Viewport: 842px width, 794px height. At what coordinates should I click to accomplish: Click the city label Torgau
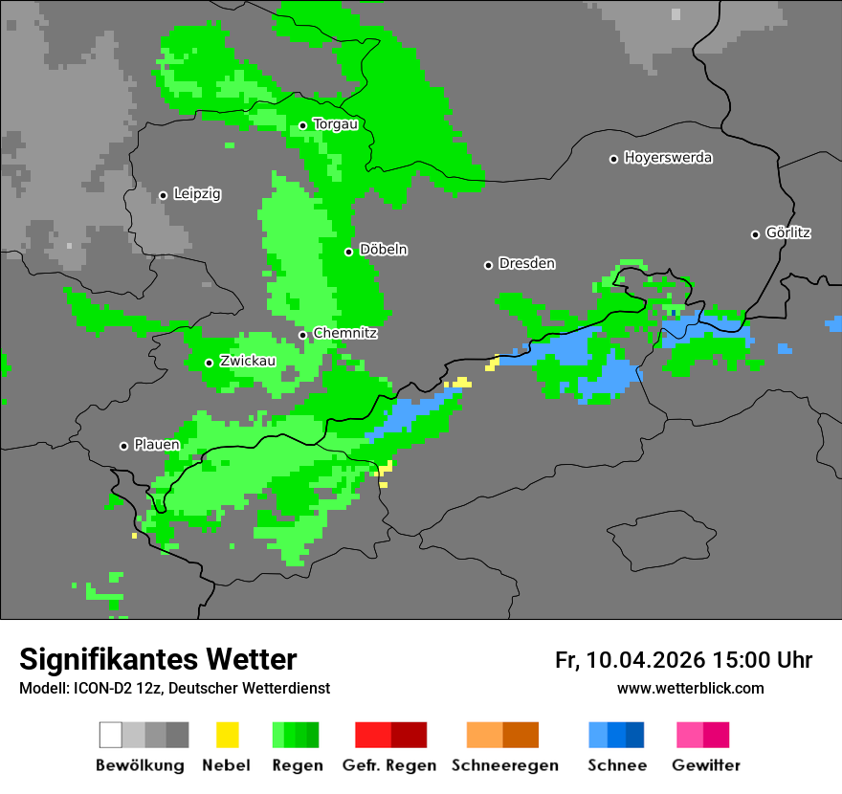point(335,124)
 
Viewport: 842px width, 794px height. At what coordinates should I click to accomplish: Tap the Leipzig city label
point(197,194)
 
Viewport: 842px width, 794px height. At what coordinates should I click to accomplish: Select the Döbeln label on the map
point(383,250)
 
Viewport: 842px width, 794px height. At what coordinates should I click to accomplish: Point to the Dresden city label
point(526,263)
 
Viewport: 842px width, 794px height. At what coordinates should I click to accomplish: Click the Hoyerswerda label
point(668,158)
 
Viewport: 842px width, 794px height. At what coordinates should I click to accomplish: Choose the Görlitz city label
point(788,232)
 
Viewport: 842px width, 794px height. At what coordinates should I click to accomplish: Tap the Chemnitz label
point(345,333)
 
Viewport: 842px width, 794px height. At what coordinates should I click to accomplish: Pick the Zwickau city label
point(248,361)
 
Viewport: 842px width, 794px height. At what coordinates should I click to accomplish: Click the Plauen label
point(157,445)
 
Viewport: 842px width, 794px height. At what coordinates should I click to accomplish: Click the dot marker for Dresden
point(488,265)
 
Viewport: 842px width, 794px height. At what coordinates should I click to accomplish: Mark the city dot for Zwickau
point(209,363)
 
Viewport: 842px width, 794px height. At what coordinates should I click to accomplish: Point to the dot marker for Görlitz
point(755,234)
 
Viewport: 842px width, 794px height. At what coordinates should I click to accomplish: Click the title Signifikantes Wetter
point(158,659)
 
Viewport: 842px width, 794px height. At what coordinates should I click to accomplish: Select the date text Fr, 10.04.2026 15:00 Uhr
point(683,660)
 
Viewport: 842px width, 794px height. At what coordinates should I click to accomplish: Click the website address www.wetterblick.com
point(690,688)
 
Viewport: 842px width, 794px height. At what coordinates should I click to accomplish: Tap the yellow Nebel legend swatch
point(227,735)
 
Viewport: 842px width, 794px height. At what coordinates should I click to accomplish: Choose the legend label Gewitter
point(706,765)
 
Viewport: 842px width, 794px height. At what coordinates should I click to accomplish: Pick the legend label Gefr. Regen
point(389,765)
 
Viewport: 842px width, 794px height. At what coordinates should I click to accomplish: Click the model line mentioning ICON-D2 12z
point(174,688)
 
